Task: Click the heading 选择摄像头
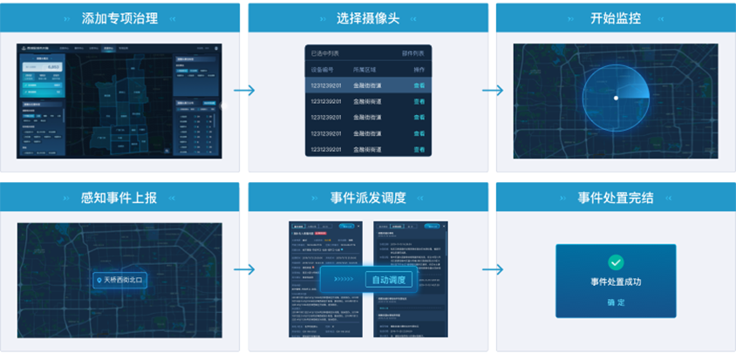[x=367, y=17]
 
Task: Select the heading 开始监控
[x=616, y=17]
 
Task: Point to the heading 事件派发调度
[x=368, y=197]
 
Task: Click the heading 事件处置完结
[x=616, y=197]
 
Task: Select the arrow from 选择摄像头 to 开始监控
[x=493, y=91]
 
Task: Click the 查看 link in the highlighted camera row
[x=419, y=85]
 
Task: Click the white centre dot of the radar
[x=616, y=98]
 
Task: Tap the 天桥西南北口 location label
[x=119, y=280]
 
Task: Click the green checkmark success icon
[x=616, y=262]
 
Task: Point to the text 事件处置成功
[x=616, y=282]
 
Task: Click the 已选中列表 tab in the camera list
[x=325, y=52]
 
